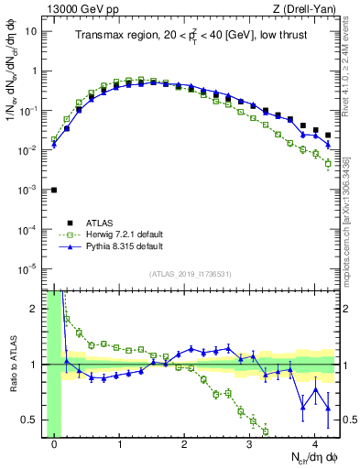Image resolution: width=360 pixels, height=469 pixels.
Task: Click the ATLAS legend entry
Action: pos(101,222)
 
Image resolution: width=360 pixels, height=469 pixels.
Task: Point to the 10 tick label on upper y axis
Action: pos(31,31)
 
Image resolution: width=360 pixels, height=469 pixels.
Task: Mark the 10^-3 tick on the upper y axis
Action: pos(27,189)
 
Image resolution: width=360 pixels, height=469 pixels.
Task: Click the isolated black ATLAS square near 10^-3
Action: pos(54,190)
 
